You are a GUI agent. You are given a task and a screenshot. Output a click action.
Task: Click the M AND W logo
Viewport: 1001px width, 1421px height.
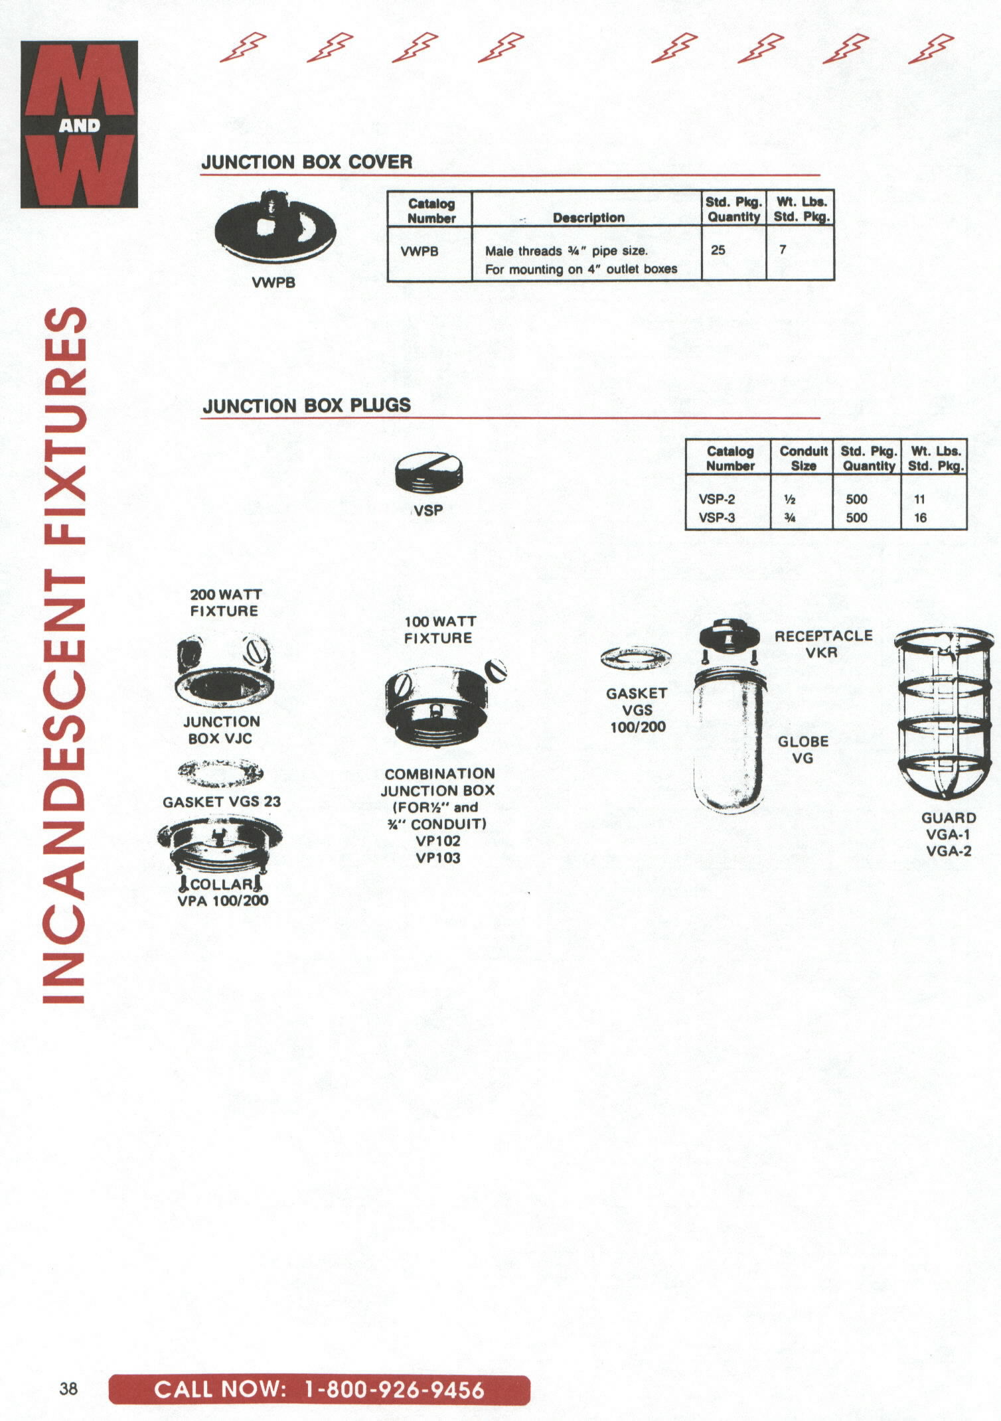click(79, 124)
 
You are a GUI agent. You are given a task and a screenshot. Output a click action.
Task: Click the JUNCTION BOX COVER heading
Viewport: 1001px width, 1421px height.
click(307, 162)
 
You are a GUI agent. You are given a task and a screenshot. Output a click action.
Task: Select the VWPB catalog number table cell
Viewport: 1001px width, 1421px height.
click(420, 252)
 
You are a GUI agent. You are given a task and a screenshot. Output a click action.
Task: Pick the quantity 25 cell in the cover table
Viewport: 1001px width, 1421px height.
click(718, 250)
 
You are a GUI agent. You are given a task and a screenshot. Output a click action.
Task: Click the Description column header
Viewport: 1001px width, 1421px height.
click(589, 218)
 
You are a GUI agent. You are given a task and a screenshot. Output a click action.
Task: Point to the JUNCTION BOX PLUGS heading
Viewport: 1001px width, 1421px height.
click(307, 406)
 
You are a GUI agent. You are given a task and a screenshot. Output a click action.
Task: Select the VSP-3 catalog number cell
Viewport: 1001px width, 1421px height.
click(717, 518)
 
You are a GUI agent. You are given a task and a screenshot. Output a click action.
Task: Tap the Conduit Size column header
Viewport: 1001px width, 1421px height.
click(803, 459)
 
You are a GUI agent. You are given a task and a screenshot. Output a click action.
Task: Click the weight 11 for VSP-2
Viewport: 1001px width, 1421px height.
click(919, 499)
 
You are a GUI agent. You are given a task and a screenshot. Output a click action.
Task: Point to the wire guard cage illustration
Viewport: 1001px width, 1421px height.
click(943, 715)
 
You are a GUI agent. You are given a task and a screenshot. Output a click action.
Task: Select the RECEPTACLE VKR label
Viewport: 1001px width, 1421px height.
click(823, 644)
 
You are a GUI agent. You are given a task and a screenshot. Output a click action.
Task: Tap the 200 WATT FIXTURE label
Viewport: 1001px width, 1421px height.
click(225, 603)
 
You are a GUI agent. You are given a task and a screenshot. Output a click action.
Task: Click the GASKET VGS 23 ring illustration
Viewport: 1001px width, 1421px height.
click(220, 773)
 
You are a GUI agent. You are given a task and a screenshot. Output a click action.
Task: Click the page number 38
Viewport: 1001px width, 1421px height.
click(68, 1388)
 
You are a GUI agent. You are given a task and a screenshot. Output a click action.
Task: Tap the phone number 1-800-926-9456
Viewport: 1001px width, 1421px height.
click(394, 1390)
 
